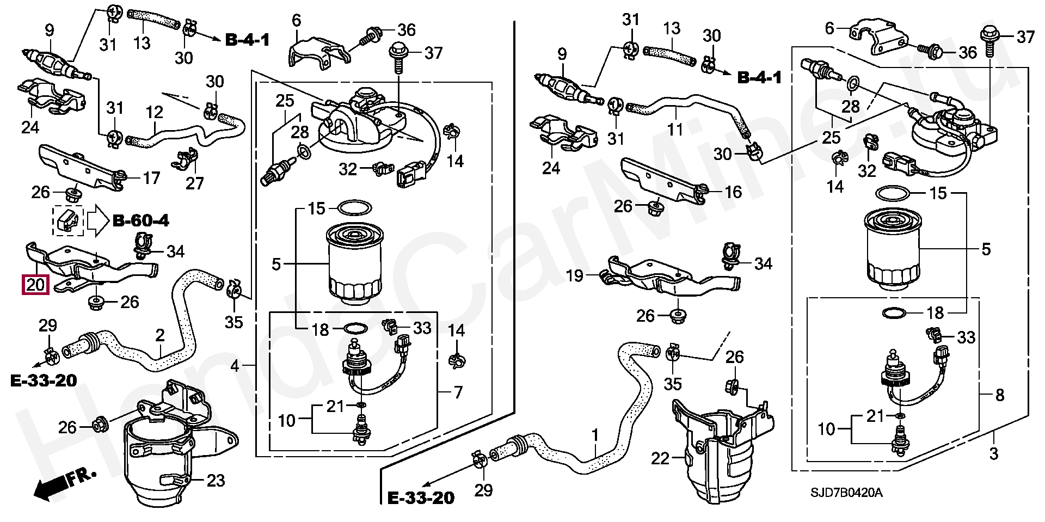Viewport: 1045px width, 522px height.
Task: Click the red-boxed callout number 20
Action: (x=35, y=285)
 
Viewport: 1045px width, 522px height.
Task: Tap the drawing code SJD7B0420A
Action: (x=846, y=493)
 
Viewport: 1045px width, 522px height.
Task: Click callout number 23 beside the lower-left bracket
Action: (x=216, y=481)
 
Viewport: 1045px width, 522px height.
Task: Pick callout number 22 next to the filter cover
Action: (x=660, y=459)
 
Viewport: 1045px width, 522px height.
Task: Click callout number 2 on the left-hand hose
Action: (x=159, y=335)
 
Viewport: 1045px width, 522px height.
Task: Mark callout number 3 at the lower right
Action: (x=993, y=453)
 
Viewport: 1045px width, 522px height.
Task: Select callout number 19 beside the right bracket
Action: (x=574, y=276)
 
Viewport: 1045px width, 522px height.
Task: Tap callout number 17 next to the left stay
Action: (x=151, y=178)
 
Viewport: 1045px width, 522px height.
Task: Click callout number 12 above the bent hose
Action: (x=155, y=113)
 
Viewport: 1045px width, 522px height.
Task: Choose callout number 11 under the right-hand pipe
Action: (x=675, y=130)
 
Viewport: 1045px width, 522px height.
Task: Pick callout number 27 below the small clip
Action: (x=194, y=183)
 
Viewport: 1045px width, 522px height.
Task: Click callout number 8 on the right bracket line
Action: (x=999, y=395)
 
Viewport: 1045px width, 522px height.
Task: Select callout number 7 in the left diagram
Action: (x=458, y=392)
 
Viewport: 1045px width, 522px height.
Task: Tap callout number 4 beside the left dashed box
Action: (x=235, y=366)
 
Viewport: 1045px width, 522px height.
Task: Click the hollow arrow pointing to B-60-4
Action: (x=98, y=220)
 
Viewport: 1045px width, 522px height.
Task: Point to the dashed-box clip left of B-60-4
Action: (x=67, y=220)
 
